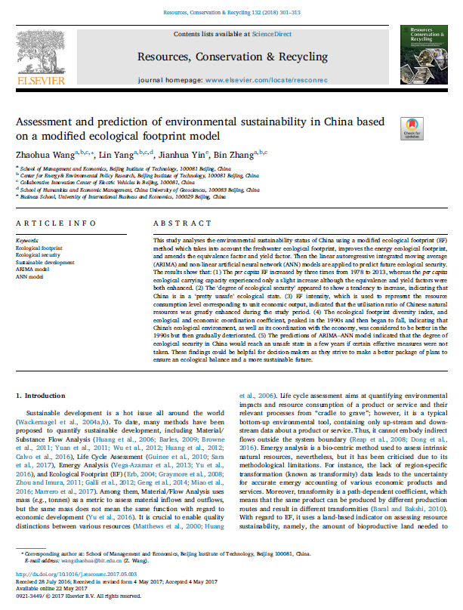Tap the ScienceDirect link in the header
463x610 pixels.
click(270, 35)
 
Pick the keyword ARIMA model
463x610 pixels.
click(32, 268)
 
